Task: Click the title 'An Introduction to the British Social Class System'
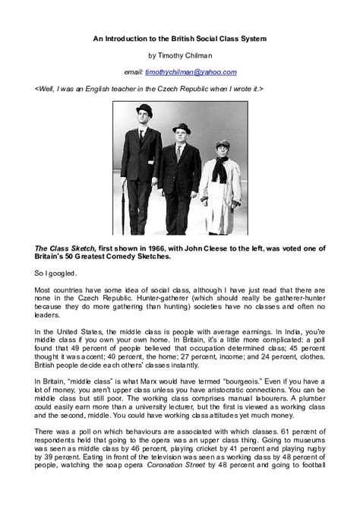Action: [x=179, y=37]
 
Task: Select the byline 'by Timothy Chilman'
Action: [x=179, y=55]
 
